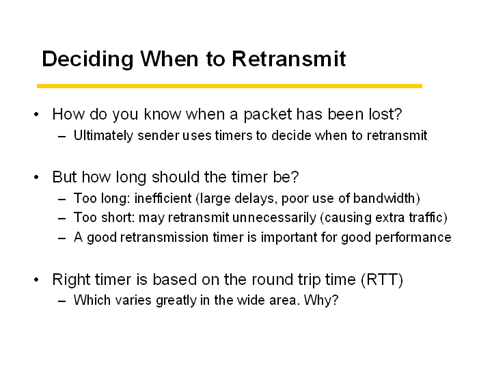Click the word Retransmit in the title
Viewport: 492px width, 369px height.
tap(288, 59)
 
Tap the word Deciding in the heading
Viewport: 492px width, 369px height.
tap(87, 59)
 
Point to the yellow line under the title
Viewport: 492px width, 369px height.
tap(230, 86)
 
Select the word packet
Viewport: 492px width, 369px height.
tap(268, 114)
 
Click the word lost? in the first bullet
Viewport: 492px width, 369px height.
tap(385, 114)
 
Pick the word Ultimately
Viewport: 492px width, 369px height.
tap(103, 136)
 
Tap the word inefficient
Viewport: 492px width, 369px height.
tap(163, 198)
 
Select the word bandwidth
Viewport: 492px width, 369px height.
tap(384, 198)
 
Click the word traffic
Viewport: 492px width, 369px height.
tap(426, 217)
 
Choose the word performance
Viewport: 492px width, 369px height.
tap(413, 238)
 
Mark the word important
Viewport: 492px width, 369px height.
tap(289, 238)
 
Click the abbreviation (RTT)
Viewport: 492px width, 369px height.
tap(382, 279)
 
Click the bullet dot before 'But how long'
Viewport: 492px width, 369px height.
tap(36, 177)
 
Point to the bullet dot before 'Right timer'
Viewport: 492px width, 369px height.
tap(36, 279)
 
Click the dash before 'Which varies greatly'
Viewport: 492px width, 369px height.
tap(61, 301)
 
